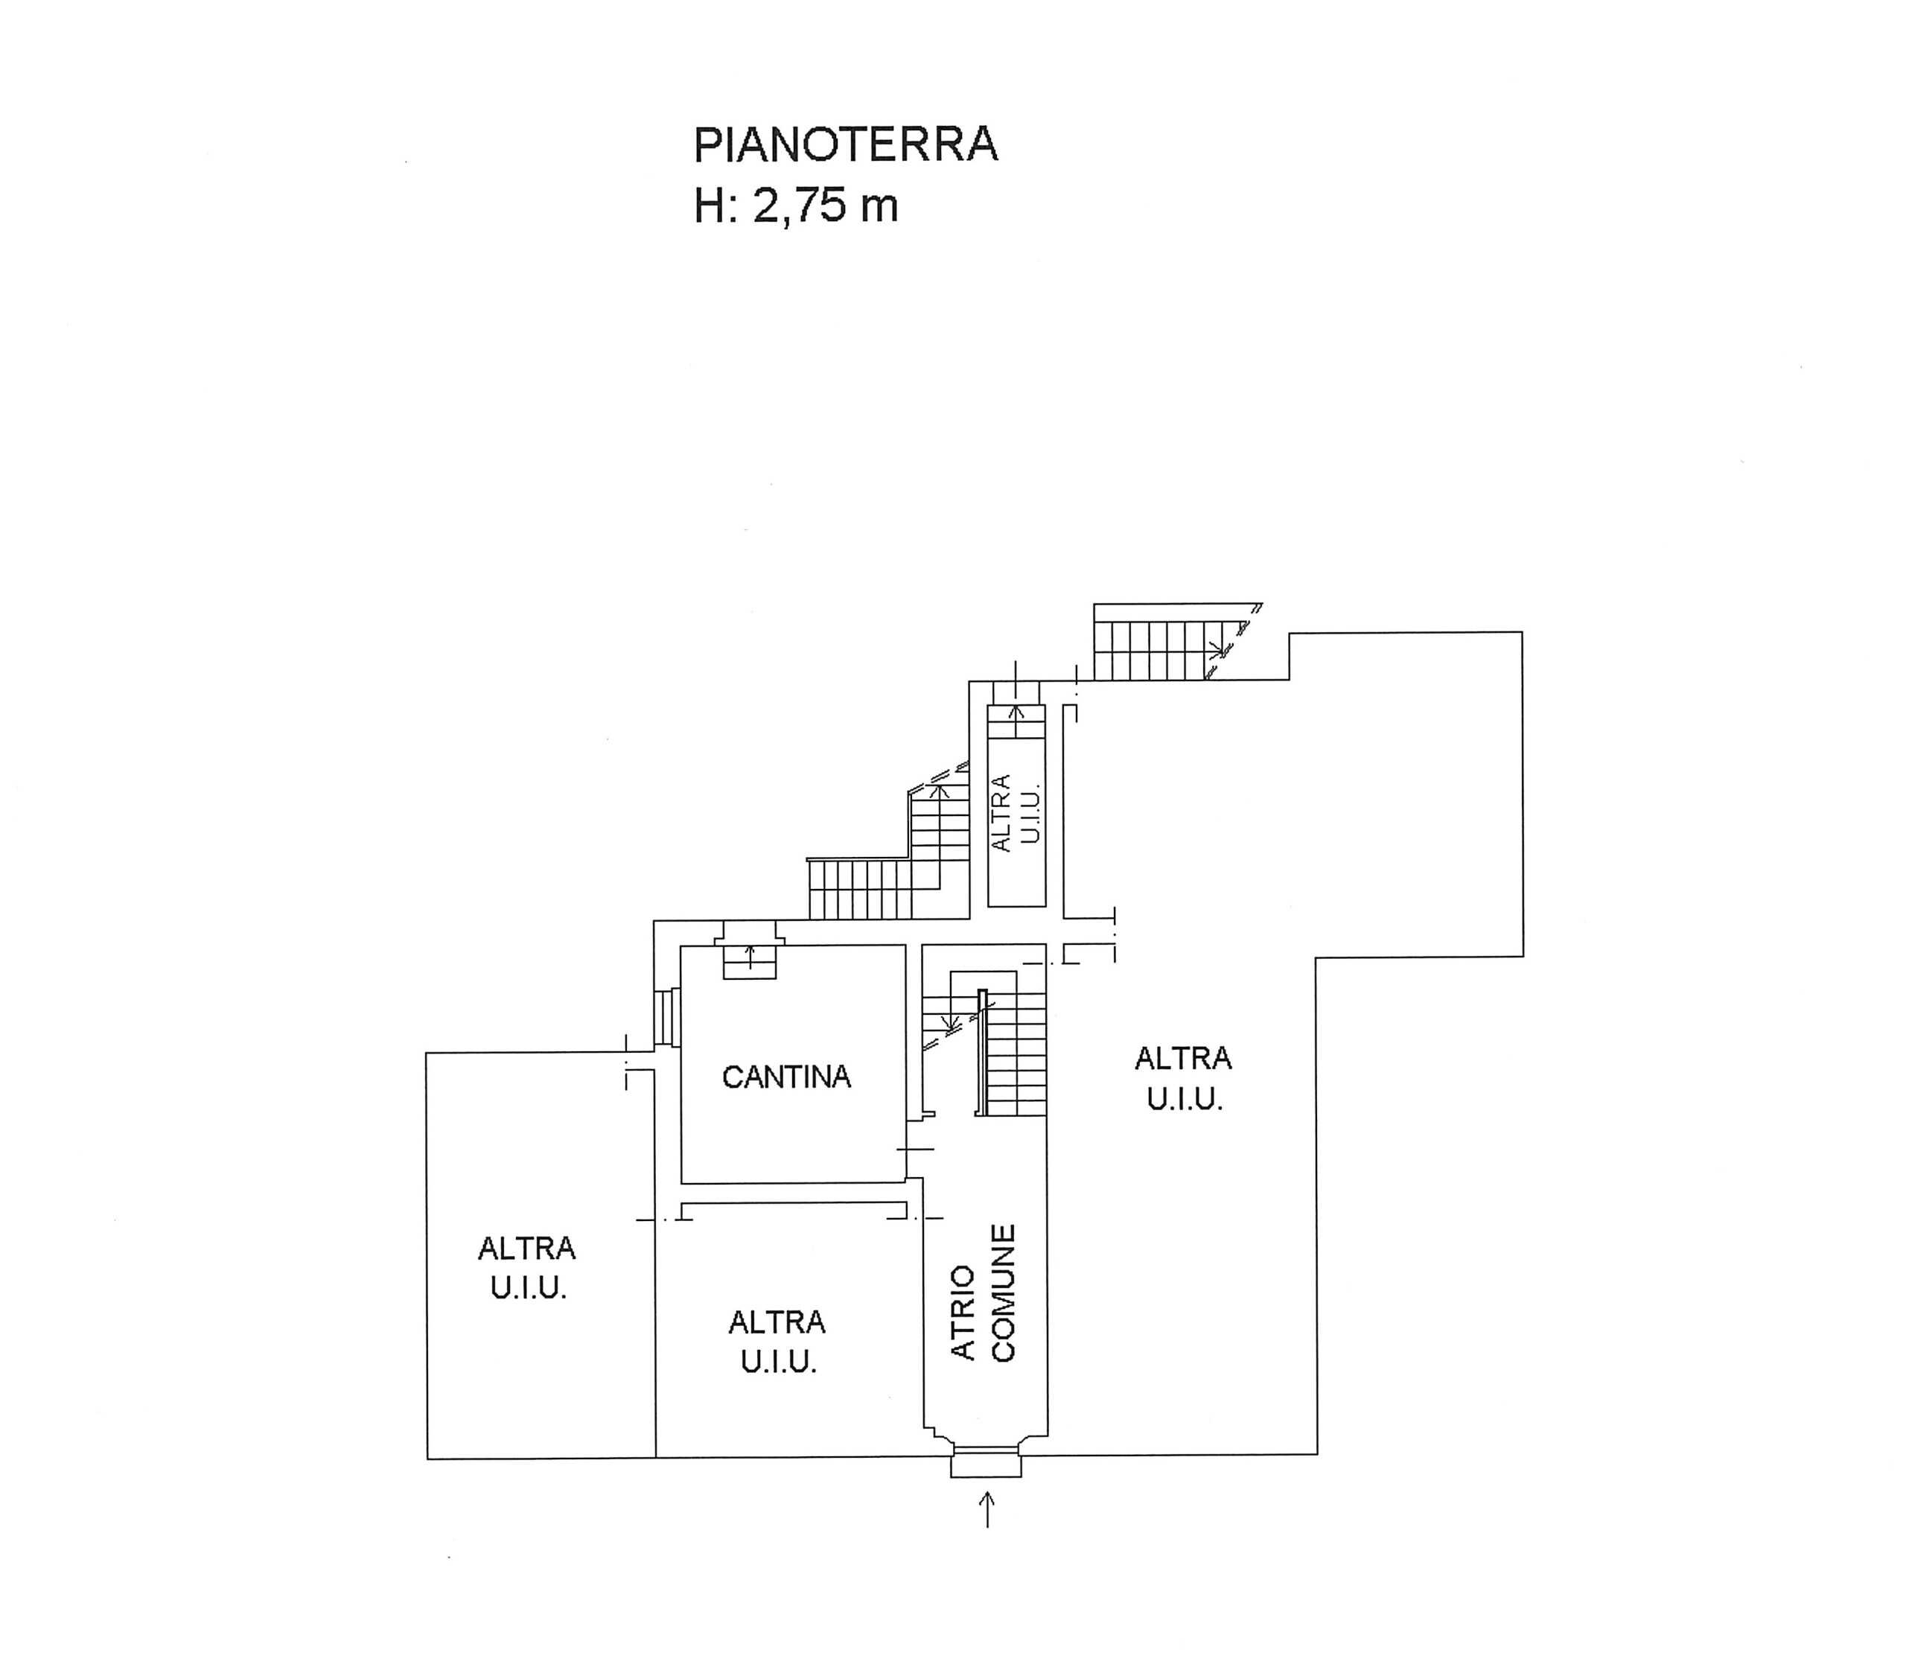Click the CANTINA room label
point(786,1077)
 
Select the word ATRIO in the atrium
point(963,1313)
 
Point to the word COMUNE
point(1002,1293)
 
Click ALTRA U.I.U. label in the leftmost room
point(527,1267)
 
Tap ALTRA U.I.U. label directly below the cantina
point(777,1342)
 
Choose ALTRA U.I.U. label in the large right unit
point(1183,1078)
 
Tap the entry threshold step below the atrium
point(985,1466)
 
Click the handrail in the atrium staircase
point(981,1052)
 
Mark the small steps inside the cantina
point(750,951)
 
